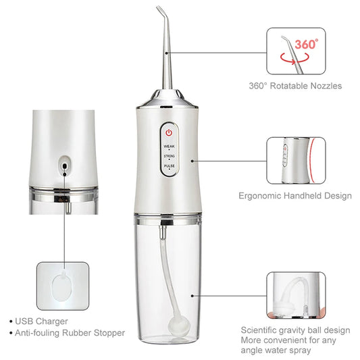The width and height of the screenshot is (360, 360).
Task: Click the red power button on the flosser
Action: tap(169, 133)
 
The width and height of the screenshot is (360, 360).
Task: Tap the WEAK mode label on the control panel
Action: tap(169, 145)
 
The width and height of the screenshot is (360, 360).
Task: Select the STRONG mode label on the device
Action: tap(169, 155)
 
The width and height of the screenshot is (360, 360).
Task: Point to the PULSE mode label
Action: tap(169, 165)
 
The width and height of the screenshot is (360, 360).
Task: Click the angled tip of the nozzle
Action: tap(160, 11)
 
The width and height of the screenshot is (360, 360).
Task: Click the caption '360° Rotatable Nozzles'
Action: tap(294, 86)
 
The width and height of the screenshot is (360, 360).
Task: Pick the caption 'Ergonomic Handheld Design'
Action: tap(295, 196)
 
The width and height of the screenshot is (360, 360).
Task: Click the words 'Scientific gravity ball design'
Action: tap(296, 330)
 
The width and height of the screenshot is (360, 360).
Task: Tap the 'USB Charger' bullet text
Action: tap(43, 321)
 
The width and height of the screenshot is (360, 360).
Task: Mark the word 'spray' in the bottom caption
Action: tap(299, 351)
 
